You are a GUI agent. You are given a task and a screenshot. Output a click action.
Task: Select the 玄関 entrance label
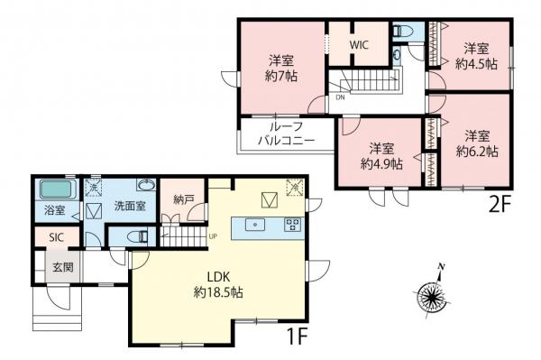click(x=62, y=268)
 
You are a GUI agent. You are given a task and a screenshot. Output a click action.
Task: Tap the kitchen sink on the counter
click(x=256, y=226)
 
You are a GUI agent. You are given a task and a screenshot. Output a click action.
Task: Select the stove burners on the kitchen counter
click(x=293, y=226)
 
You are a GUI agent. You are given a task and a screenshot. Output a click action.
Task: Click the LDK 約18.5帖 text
click(x=222, y=285)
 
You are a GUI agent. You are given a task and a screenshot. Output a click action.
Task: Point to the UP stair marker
click(x=213, y=237)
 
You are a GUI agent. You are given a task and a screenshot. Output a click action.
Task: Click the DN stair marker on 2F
click(x=340, y=97)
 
